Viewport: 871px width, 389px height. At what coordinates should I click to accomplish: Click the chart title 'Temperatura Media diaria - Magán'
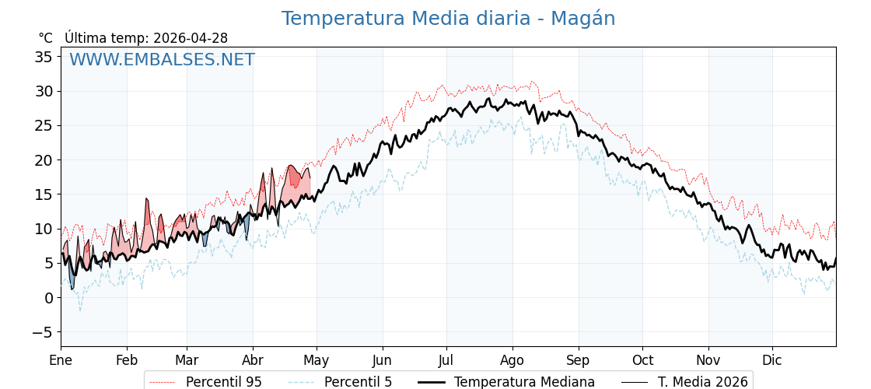pyautogui.click(x=448, y=19)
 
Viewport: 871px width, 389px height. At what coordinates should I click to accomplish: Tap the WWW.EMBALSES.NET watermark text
pyautogui.click(x=162, y=60)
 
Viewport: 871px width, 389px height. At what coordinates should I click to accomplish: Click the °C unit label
pyautogui.click(x=45, y=38)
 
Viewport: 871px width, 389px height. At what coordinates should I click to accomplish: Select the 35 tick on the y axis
pyautogui.click(x=44, y=57)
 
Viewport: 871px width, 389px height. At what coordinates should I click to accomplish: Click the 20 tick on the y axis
pyautogui.click(x=44, y=160)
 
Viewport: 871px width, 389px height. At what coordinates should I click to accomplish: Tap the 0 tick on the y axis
pyautogui.click(x=48, y=298)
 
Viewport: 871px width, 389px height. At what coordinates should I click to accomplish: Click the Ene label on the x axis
pyautogui.click(x=61, y=360)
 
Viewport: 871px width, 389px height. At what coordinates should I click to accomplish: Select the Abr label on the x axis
pyautogui.click(x=253, y=360)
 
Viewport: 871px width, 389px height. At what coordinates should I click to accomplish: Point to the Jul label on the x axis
pyautogui.click(x=446, y=360)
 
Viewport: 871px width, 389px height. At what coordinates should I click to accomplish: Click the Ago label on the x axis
pyautogui.click(x=512, y=360)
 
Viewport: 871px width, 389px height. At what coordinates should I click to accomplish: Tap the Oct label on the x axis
pyautogui.click(x=642, y=360)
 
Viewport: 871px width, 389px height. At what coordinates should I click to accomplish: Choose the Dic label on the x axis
pyautogui.click(x=772, y=360)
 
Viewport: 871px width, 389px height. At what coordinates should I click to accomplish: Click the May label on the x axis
pyautogui.click(x=317, y=360)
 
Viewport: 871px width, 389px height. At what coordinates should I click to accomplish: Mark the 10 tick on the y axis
pyautogui.click(x=44, y=229)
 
